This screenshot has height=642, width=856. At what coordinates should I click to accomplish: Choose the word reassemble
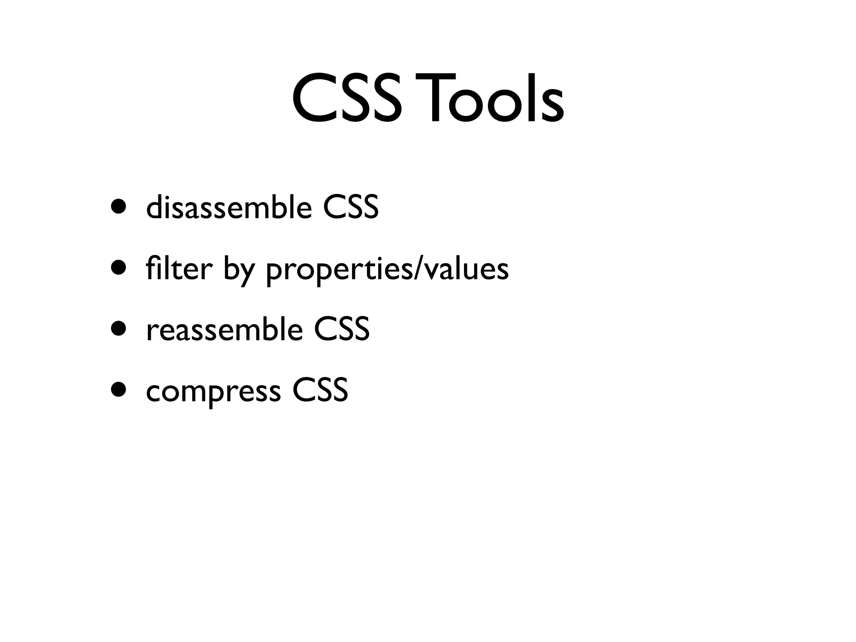(x=224, y=329)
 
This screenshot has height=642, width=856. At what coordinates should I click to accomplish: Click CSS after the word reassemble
(x=341, y=329)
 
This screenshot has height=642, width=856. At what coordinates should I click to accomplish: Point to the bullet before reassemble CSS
(x=118, y=329)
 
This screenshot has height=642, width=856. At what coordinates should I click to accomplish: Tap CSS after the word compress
(x=320, y=390)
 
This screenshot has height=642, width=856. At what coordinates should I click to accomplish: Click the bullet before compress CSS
(x=118, y=390)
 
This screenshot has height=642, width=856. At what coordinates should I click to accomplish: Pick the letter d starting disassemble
(x=153, y=206)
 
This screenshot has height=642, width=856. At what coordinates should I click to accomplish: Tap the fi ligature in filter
(x=153, y=268)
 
